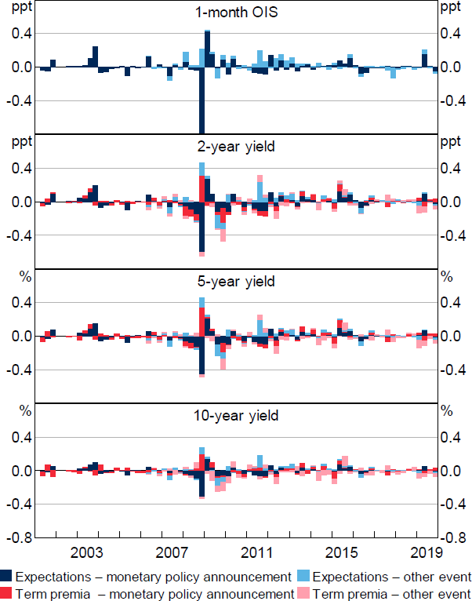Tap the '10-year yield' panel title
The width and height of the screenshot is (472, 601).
tap(237, 415)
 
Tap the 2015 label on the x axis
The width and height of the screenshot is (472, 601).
tap(342, 552)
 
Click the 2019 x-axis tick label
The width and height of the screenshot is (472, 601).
tap(423, 552)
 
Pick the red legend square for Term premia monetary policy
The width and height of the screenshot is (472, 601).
tap(6, 592)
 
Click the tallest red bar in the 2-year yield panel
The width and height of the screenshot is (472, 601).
tap(202, 188)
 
